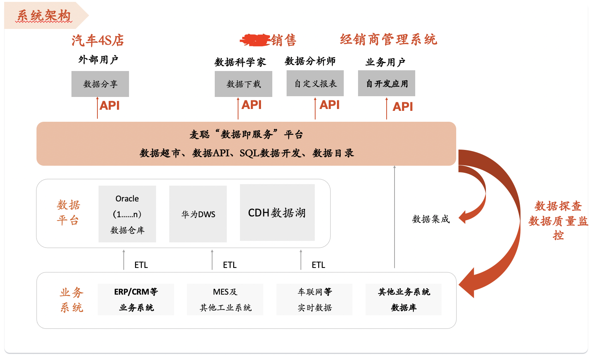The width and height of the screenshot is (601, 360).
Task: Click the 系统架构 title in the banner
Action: click(44, 16)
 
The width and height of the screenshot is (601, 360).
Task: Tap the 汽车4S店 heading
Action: click(98, 40)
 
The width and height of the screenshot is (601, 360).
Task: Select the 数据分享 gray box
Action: click(100, 84)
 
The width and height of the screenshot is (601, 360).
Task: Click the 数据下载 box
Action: click(243, 84)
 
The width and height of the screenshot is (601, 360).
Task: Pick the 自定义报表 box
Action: click(315, 83)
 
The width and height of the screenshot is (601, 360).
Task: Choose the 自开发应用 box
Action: click(387, 83)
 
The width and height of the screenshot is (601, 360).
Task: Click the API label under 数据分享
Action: click(109, 106)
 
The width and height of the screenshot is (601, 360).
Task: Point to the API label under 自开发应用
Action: click(402, 107)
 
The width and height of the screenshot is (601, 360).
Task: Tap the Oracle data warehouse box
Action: click(127, 214)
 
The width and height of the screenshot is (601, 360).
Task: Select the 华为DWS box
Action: click(198, 214)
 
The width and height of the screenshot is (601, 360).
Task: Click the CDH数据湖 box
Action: click(277, 213)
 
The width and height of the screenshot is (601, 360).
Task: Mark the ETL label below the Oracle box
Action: click(141, 265)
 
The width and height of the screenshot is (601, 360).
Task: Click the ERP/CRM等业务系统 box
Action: click(136, 299)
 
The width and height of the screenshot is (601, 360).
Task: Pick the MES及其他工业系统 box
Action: click(225, 299)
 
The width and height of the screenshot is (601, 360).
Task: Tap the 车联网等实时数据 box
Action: click(314, 299)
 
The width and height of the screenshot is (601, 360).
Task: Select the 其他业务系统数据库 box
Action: click(404, 299)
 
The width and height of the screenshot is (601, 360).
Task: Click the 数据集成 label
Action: click(431, 219)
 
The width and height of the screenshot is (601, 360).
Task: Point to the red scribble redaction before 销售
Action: click(255, 40)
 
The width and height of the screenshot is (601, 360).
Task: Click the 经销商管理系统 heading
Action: click(389, 39)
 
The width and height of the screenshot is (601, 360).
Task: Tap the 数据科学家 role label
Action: click(240, 62)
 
